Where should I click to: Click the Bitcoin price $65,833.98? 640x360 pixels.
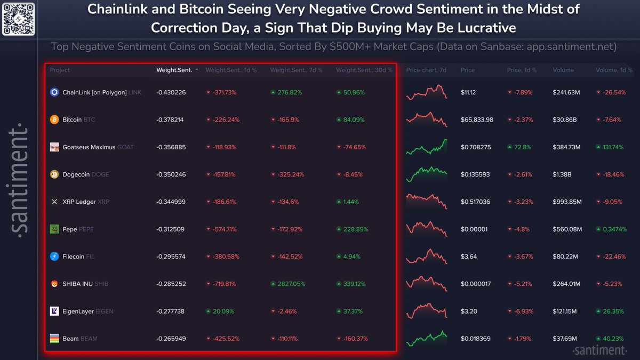pyautogui.click(x=477, y=120)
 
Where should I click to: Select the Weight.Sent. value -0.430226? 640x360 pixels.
pyautogui.click(x=171, y=92)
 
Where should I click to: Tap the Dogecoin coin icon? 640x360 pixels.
pyautogui.click(x=54, y=174)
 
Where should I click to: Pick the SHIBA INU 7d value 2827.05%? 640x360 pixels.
pyautogui.click(x=291, y=284)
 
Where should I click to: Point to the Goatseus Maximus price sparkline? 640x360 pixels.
pyautogui.click(x=426, y=147)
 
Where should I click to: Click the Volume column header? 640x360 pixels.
pyautogui.click(x=563, y=70)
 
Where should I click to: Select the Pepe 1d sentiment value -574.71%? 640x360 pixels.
pyautogui.click(x=224, y=229)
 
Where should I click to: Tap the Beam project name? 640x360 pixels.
pyautogui.click(x=70, y=339)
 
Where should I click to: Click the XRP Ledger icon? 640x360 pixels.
pyautogui.click(x=54, y=202)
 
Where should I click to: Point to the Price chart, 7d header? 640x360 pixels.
pyautogui.click(x=426, y=70)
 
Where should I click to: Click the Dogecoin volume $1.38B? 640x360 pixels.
pyautogui.click(x=562, y=174)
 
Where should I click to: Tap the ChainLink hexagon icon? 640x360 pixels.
pyautogui.click(x=54, y=92)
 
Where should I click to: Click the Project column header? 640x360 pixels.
pyautogui.click(x=60, y=70)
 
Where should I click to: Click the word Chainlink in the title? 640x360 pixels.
pyautogui.click(x=115, y=9)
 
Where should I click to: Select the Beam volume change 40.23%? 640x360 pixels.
pyautogui.click(x=612, y=339)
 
